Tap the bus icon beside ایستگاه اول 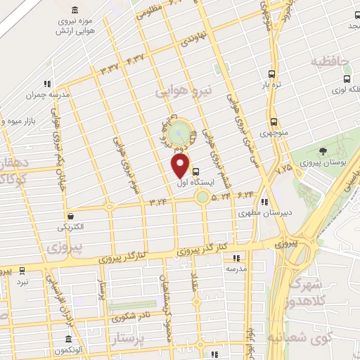195,171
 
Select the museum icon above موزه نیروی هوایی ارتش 75,11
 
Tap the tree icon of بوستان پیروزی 322,151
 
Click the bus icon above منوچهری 274,121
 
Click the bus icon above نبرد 22,270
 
